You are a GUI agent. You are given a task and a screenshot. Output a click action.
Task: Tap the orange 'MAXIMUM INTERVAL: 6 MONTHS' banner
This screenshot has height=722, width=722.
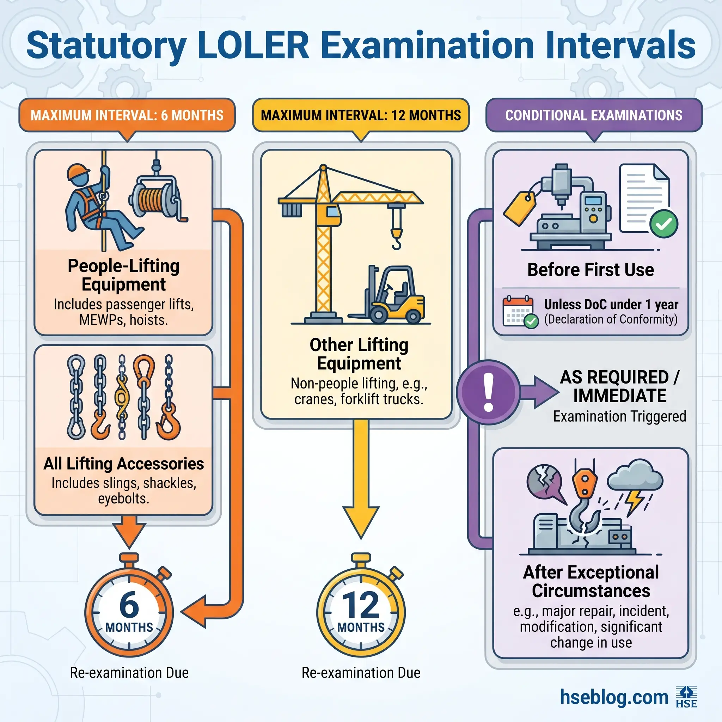point(127,115)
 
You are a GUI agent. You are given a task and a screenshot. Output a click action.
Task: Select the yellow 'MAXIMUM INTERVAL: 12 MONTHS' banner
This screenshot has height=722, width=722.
point(361,115)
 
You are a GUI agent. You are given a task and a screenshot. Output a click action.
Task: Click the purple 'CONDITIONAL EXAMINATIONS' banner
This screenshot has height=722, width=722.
point(593,115)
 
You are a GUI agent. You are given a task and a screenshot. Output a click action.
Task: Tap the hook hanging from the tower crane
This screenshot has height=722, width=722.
point(397,239)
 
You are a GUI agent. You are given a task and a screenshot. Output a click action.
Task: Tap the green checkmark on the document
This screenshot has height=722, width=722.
point(664,224)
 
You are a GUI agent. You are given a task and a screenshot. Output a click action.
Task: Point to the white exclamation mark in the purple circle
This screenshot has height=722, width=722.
point(488,392)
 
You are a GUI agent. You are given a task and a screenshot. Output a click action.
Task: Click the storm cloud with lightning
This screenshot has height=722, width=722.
point(635,480)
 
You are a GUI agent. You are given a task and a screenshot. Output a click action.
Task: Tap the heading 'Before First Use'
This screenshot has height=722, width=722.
point(591,270)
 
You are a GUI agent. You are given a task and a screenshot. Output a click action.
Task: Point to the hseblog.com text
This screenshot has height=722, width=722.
point(614,697)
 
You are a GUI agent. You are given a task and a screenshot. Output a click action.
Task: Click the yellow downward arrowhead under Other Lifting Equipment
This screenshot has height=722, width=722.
point(361,521)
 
